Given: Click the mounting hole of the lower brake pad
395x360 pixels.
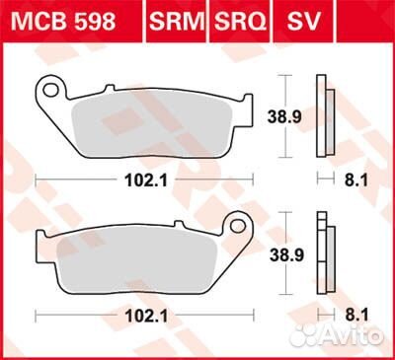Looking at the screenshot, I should (237, 225).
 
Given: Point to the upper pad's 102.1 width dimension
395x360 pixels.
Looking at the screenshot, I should (143, 180).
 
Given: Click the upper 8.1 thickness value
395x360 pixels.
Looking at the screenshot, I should (333, 180).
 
